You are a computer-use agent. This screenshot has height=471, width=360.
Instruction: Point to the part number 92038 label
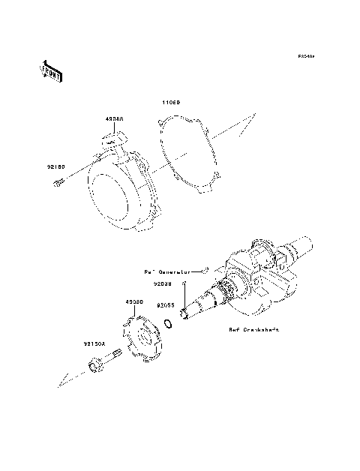click(x=164, y=284)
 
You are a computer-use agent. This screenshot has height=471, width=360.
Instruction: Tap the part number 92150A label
click(x=95, y=344)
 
